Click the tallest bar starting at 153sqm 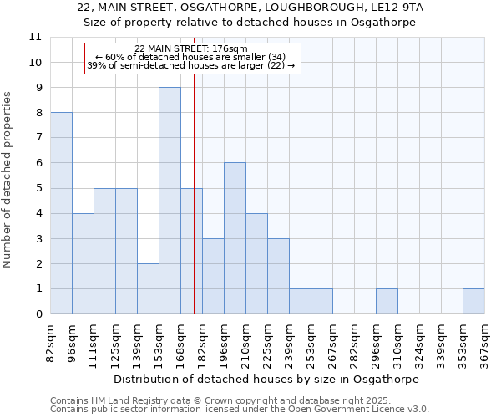[x=170, y=201]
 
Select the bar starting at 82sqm [x=61, y=213]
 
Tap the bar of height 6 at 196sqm [x=235, y=238]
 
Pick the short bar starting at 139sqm [x=148, y=288]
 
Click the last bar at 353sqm [x=473, y=302]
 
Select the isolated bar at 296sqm [x=387, y=302]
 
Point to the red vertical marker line [x=194, y=192]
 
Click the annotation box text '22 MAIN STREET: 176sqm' [x=190, y=49]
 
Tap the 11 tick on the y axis [x=35, y=37]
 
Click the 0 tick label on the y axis [x=38, y=314]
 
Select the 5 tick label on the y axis [x=38, y=188]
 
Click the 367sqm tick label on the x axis [x=484, y=343]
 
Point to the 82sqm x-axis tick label [x=50, y=343]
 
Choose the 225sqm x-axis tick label [x=267, y=343]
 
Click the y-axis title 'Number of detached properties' [x=8, y=180]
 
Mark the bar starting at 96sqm [x=83, y=263]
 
